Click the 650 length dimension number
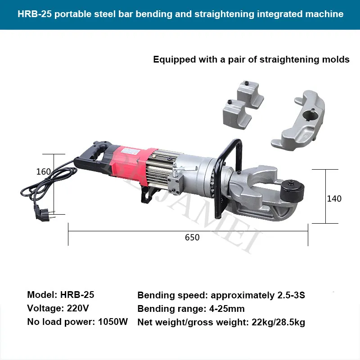[x=192, y=237]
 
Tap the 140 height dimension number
[x=334, y=198]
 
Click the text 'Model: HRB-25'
[x=61, y=295]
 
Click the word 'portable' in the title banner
[x=72, y=14]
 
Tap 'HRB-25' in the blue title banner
[x=34, y=14]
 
